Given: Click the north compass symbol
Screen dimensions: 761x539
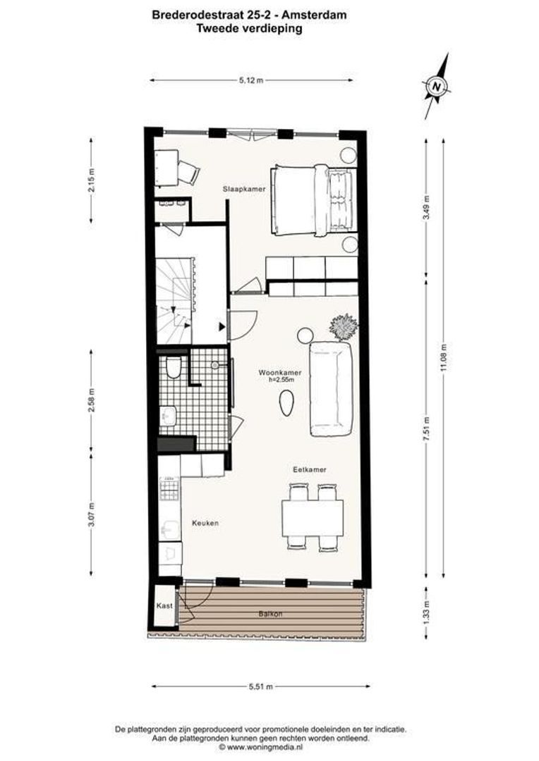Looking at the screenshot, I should (437, 87).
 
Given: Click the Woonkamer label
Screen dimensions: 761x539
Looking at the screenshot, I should (280, 372).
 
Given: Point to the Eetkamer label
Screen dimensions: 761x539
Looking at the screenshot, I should (310, 469).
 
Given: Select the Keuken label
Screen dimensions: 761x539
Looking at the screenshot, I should (205, 524).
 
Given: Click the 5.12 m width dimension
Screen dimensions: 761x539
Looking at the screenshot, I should (250, 81).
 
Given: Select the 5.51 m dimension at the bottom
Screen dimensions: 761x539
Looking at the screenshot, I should (260, 686).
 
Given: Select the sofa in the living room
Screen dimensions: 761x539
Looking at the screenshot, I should (331, 388).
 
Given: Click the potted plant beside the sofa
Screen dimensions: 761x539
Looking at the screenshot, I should (343, 326).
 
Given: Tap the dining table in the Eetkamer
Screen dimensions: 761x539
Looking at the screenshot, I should (313, 517).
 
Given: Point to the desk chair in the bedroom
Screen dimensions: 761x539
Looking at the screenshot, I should (188, 171).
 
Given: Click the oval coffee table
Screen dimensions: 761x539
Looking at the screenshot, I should (286, 404).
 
